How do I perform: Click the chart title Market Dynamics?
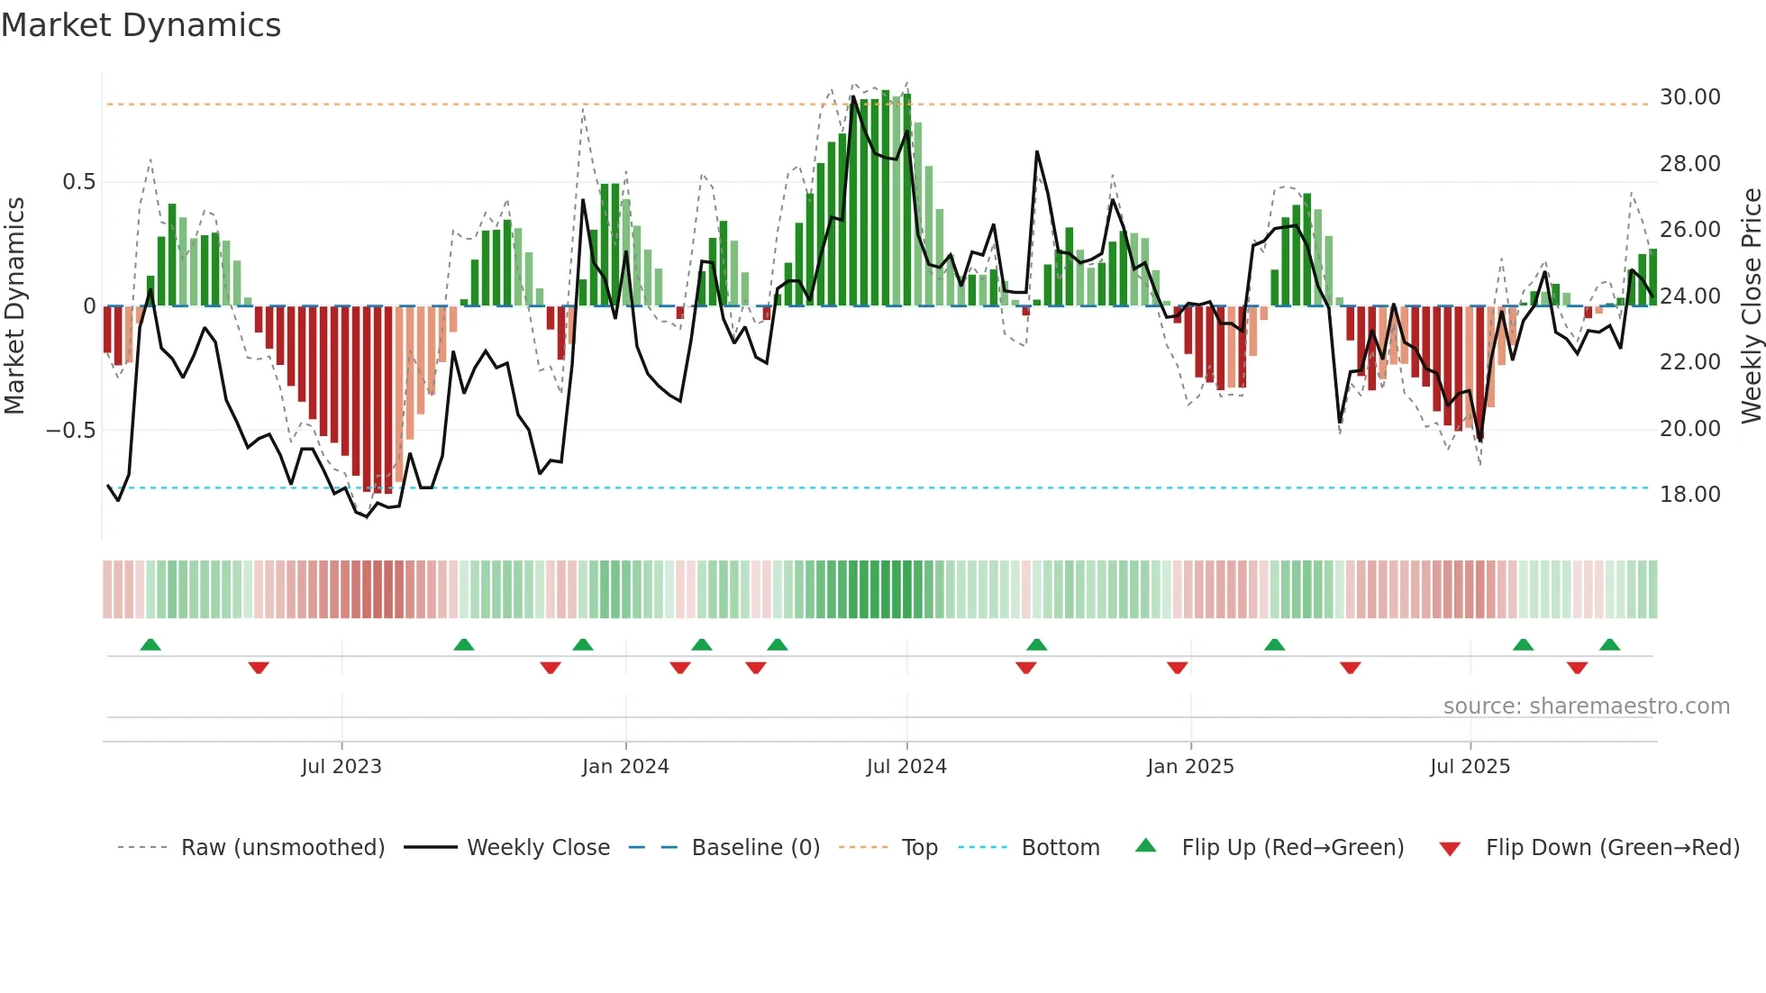[x=141, y=25]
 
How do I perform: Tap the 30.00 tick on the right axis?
[x=1689, y=97]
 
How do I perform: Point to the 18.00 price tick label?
[x=1689, y=495]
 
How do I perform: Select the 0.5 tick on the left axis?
[x=78, y=182]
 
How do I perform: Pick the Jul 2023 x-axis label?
[x=341, y=767]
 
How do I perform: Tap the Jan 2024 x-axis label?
[x=625, y=767]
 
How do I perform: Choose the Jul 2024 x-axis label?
[x=906, y=767]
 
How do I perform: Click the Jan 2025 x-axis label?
[x=1190, y=767]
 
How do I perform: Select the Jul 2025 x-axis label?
[x=1470, y=767]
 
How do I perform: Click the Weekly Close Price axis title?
[x=1751, y=305]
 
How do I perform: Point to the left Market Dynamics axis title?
[x=14, y=305]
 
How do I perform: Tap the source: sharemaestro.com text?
[x=1586, y=706]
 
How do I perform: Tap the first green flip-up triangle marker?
[x=150, y=644]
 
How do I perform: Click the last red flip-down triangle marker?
[x=1577, y=668]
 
